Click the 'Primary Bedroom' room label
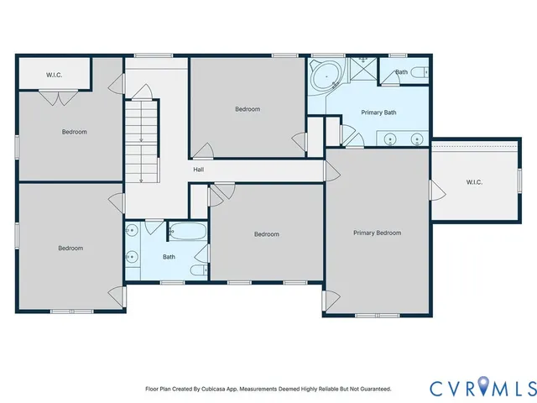(x=377, y=233)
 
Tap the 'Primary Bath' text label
(x=378, y=113)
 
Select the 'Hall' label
(x=198, y=170)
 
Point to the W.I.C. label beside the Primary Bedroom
(x=474, y=182)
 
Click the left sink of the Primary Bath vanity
(x=390, y=139)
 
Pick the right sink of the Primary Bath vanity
(x=416, y=139)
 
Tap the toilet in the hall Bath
(x=196, y=270)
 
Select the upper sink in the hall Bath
(x=131, y=231)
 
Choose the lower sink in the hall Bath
(x=131, y=258)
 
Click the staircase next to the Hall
(x=142, y=140)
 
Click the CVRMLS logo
(x=482, y=387)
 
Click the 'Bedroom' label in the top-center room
(x=248, y=109)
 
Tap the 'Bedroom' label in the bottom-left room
(x=70, y=248)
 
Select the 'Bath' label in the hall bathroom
(x=169, y=257)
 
